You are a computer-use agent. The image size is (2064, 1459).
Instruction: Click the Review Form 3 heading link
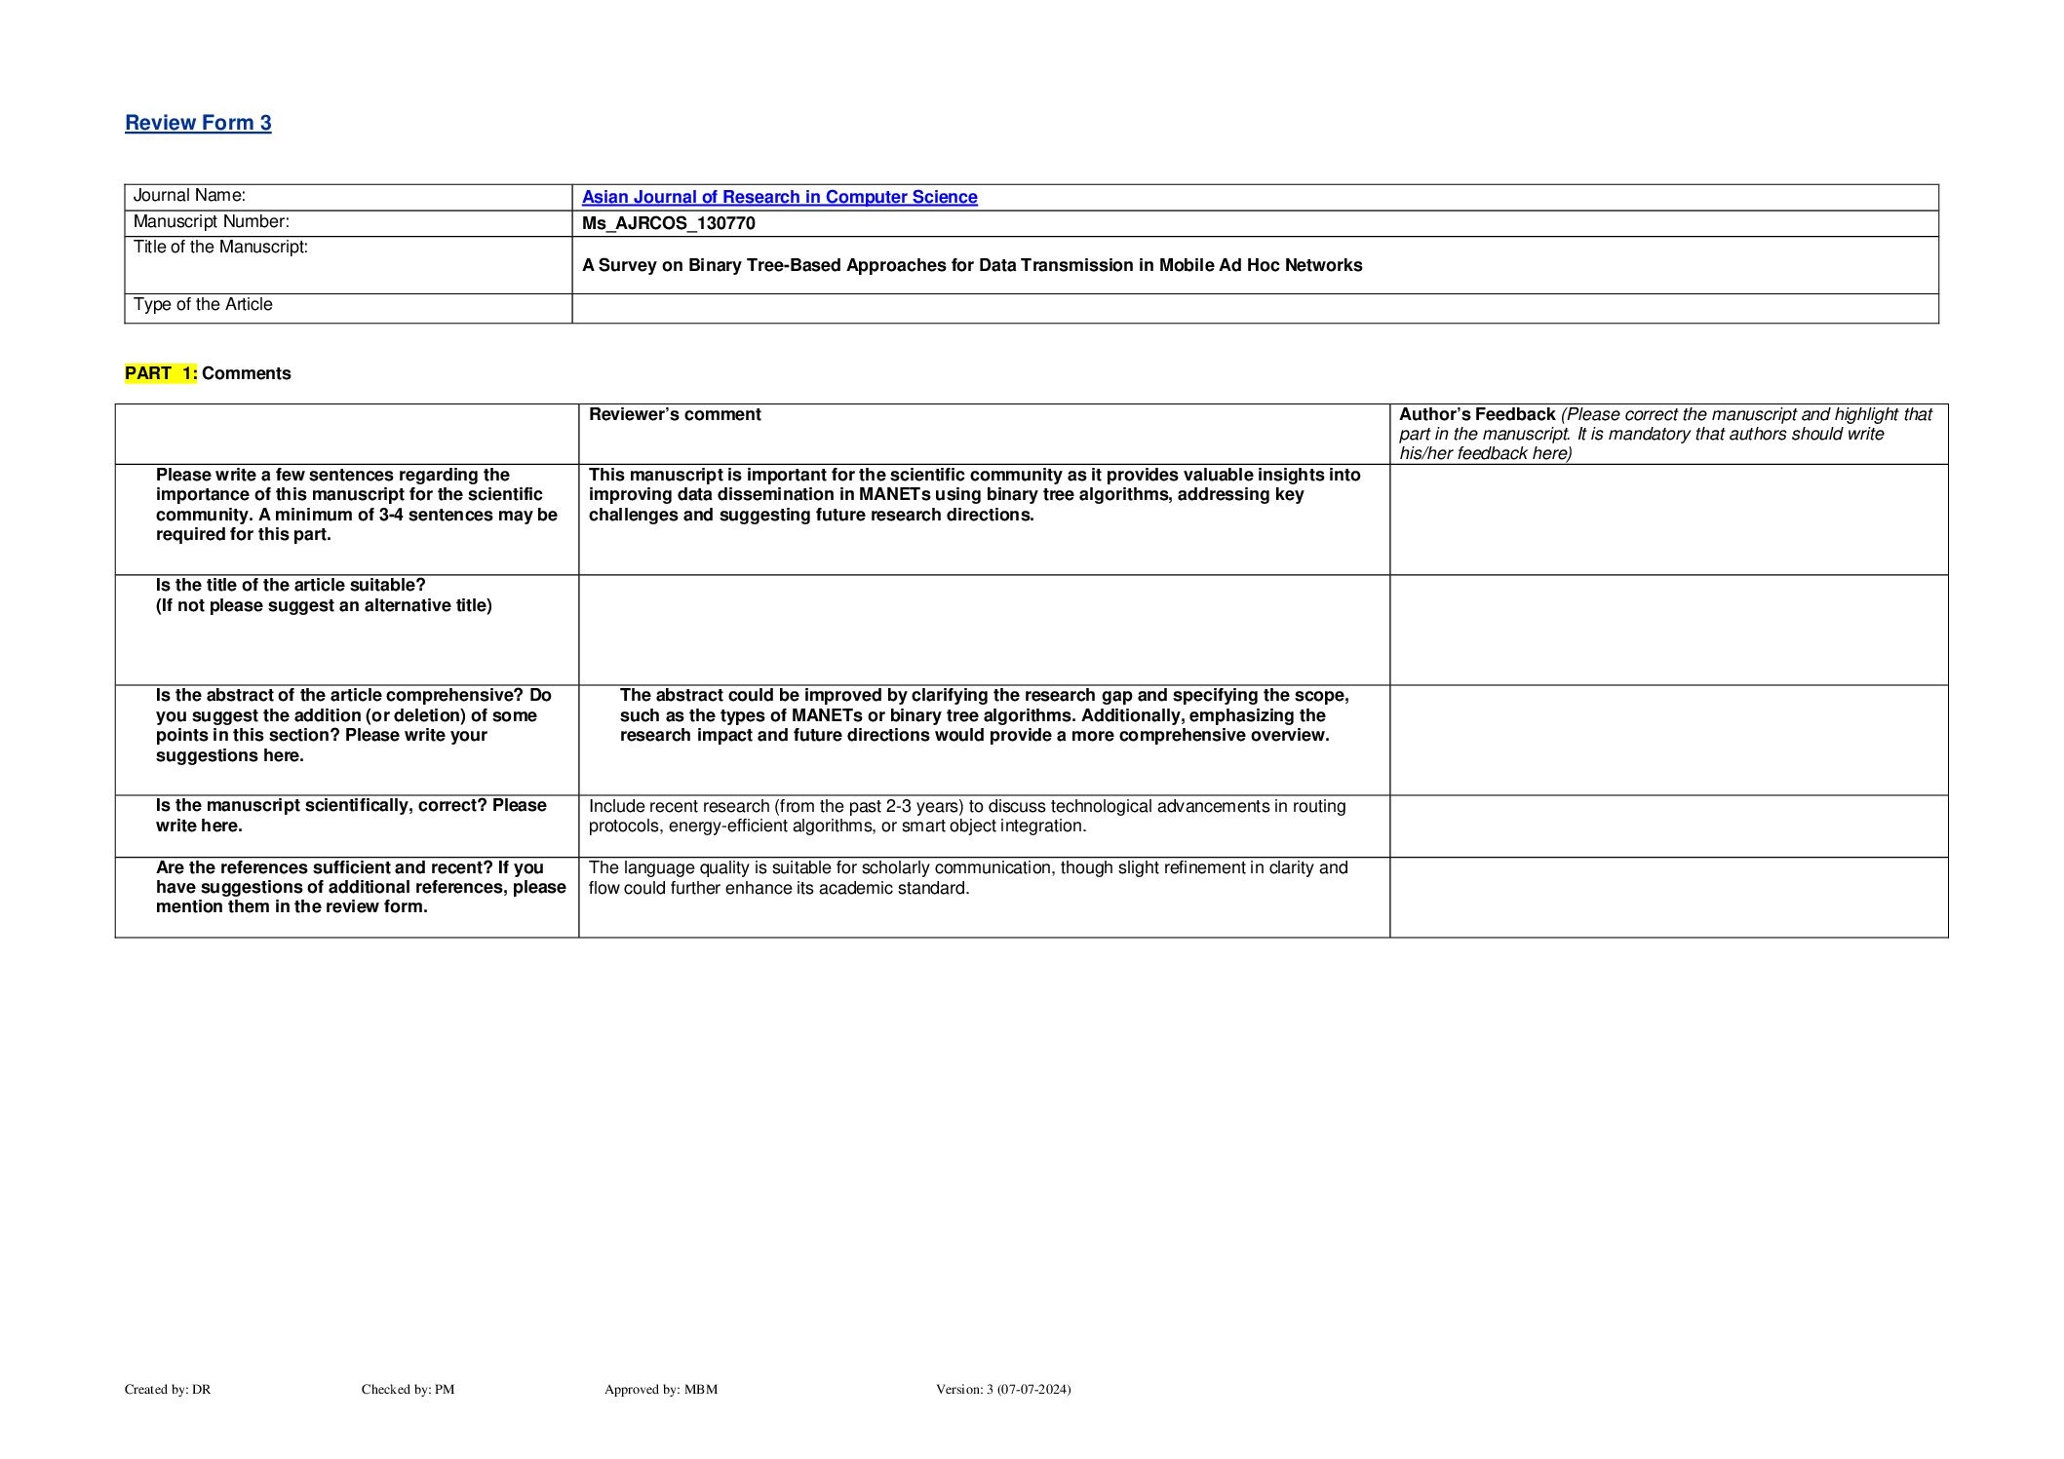198,123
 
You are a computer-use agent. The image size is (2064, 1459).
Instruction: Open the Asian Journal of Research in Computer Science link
779,197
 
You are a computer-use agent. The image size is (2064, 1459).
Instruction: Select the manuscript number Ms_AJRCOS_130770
668,223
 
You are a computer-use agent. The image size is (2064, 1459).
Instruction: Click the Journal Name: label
189,196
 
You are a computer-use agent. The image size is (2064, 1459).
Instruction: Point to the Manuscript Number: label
211,222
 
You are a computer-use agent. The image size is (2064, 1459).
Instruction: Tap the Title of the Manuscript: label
220,248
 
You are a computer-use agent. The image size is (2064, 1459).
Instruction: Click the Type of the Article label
203,305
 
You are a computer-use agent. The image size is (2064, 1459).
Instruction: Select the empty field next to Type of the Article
1254,308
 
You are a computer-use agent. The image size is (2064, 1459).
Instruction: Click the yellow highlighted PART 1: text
161,373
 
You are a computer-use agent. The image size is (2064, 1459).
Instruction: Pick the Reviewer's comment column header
675,414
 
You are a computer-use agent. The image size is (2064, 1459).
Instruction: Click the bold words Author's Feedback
1476,414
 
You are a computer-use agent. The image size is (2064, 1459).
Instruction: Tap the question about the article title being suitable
323,595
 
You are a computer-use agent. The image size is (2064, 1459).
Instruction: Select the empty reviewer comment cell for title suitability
983,630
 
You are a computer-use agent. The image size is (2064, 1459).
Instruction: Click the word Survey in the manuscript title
627,265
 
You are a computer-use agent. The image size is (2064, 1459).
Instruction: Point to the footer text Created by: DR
168,1389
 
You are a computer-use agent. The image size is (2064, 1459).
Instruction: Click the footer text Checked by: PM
408,1389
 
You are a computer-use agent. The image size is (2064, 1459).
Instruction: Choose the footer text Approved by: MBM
660,1389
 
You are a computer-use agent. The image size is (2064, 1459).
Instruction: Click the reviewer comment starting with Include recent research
966,816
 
